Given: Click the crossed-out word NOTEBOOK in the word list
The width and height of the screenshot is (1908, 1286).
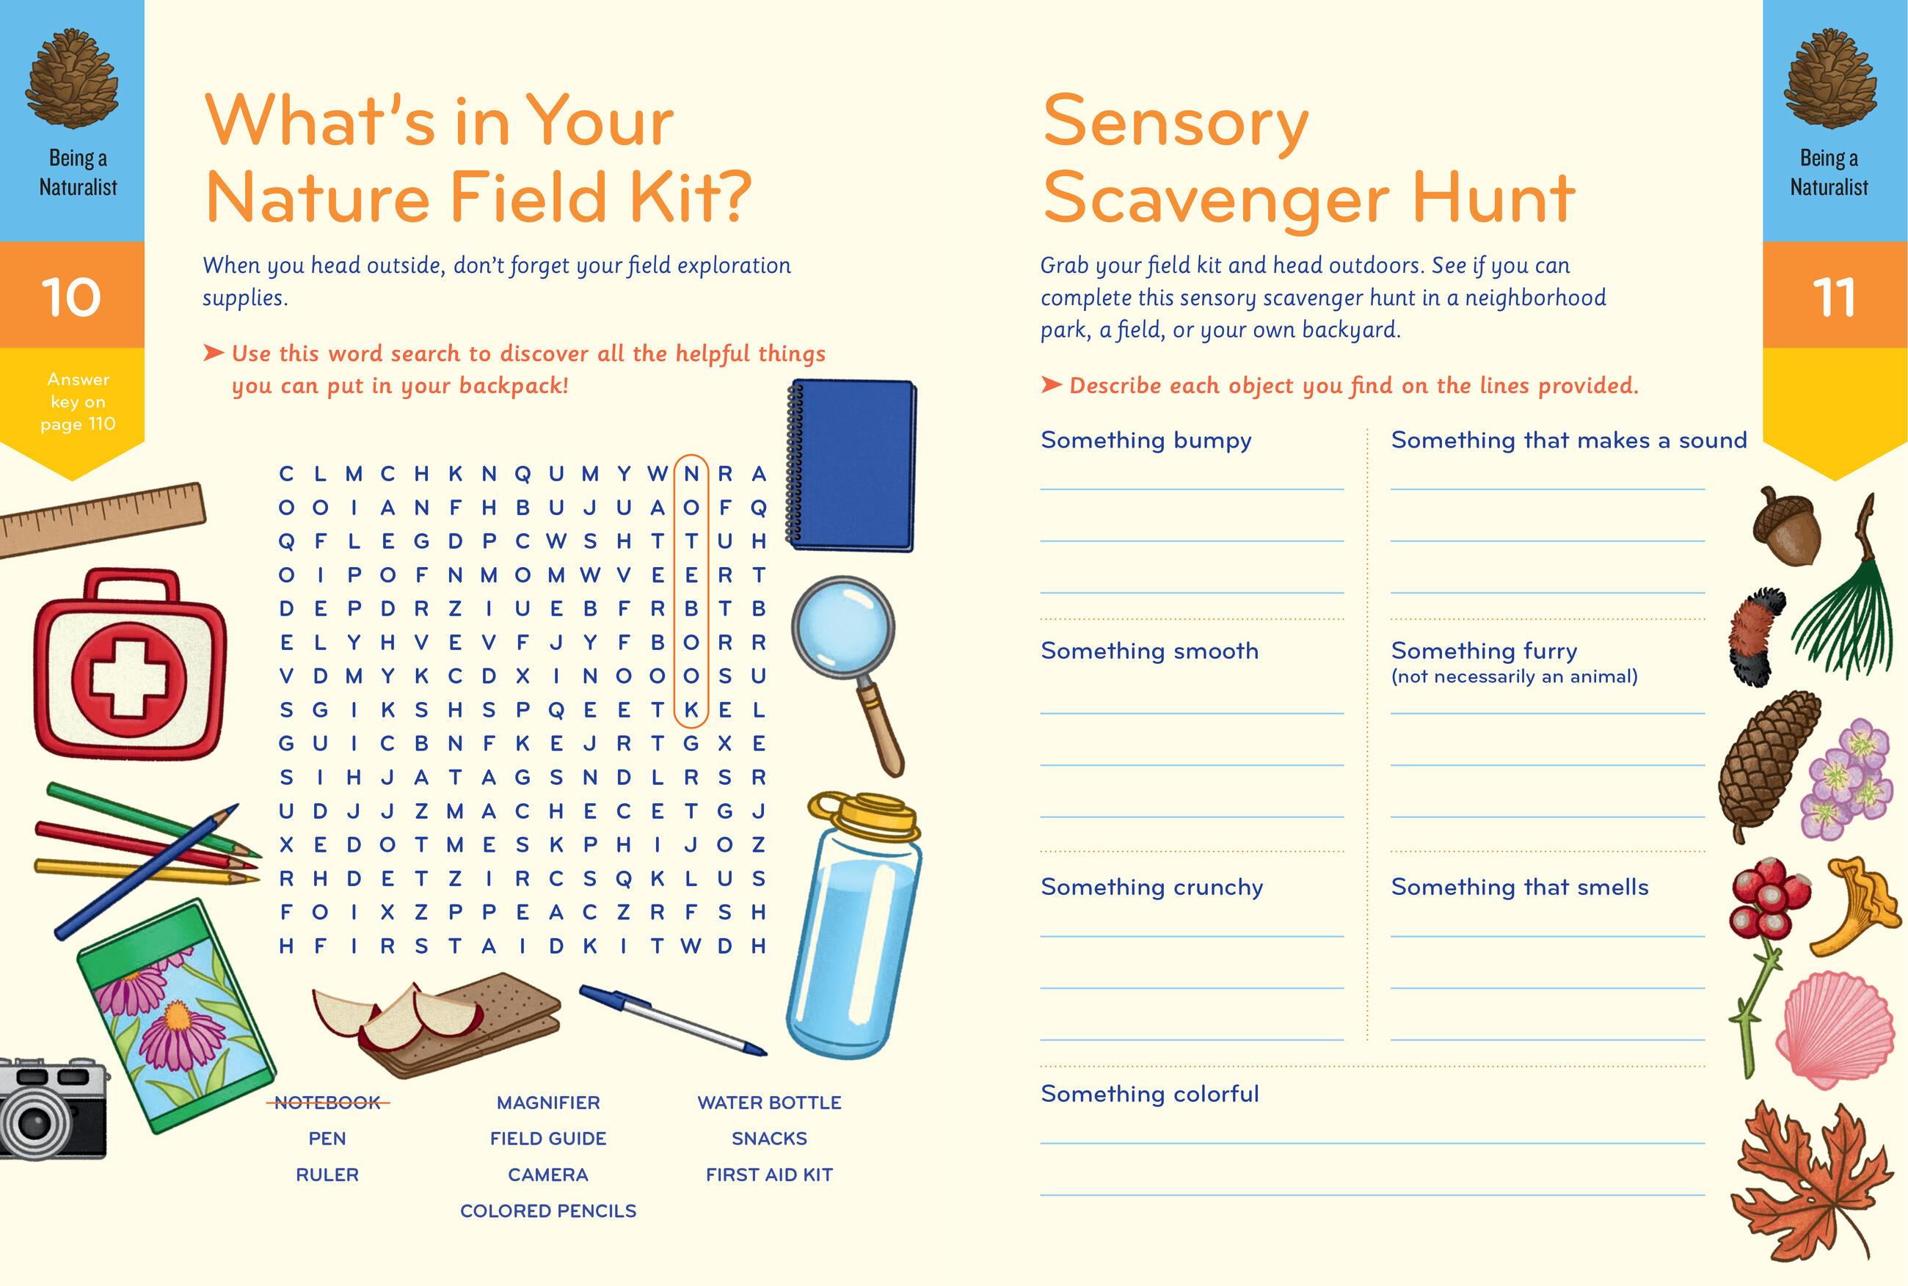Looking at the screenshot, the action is point(327,1103).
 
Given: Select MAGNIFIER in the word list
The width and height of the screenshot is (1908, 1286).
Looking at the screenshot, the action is point(548,1103).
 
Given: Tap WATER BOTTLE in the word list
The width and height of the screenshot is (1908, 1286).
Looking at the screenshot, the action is point(769,1103).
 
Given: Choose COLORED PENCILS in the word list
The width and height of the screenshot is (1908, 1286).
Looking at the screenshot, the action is point(548,1210).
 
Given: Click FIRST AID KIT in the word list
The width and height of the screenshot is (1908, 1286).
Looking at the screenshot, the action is point(769,1174).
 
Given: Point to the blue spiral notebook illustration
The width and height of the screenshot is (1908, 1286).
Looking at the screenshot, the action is point(851,464).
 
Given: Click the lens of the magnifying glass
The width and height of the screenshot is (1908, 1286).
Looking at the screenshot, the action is point(843,629).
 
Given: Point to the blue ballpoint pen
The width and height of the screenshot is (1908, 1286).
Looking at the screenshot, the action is point(673,1020).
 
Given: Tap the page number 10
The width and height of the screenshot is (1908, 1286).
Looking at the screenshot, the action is point(71,297).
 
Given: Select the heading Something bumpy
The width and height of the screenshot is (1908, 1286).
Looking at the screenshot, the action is point(1146,440).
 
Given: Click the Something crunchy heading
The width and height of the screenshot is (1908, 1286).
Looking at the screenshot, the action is point(1151,888).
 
